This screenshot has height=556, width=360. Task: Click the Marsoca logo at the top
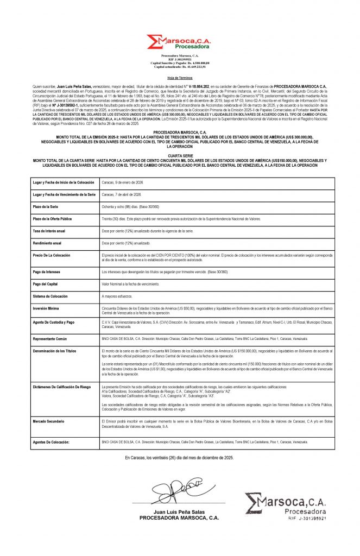click(180, 42)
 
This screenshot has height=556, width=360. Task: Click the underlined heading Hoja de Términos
click(180, 78)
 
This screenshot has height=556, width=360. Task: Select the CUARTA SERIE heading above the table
click(180, 155)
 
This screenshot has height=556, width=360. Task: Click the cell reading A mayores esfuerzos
click(117, 297)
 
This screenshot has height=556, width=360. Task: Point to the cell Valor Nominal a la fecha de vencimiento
click(130, 284)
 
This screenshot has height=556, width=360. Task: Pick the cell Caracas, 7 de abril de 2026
click(122, 194)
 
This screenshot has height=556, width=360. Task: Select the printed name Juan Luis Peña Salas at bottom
click(180, 512)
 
